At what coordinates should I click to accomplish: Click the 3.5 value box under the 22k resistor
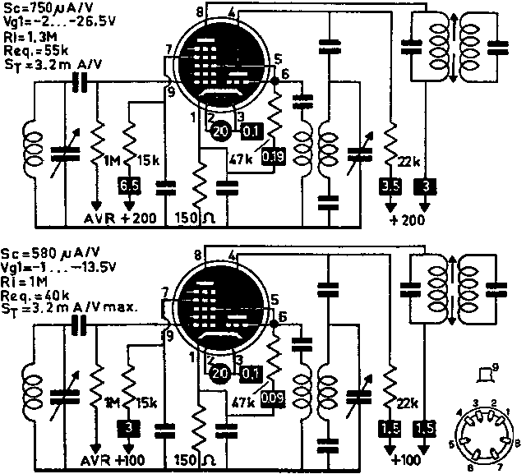(390, 185)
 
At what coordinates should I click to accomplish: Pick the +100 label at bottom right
(408, 458)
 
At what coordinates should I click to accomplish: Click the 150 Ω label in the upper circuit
(195, 218)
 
